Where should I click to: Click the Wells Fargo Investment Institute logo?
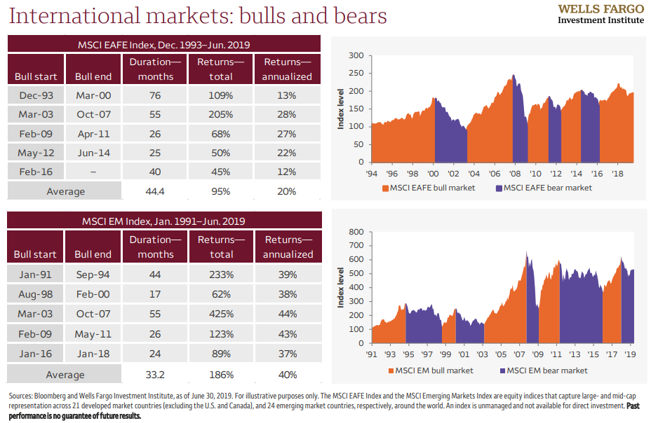600,14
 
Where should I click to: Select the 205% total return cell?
221,114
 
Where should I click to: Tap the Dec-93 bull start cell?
36,95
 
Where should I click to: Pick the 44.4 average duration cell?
155,190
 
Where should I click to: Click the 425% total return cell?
221,312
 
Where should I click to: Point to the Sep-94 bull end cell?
93,275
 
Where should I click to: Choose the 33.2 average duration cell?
155,374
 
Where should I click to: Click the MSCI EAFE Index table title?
164,44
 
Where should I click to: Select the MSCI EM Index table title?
164,221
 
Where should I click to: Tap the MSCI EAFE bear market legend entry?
544,188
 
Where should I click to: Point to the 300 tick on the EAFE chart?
356,55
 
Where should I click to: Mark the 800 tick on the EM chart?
356,232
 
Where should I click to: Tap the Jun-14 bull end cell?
93,152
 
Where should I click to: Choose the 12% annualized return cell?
287,171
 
